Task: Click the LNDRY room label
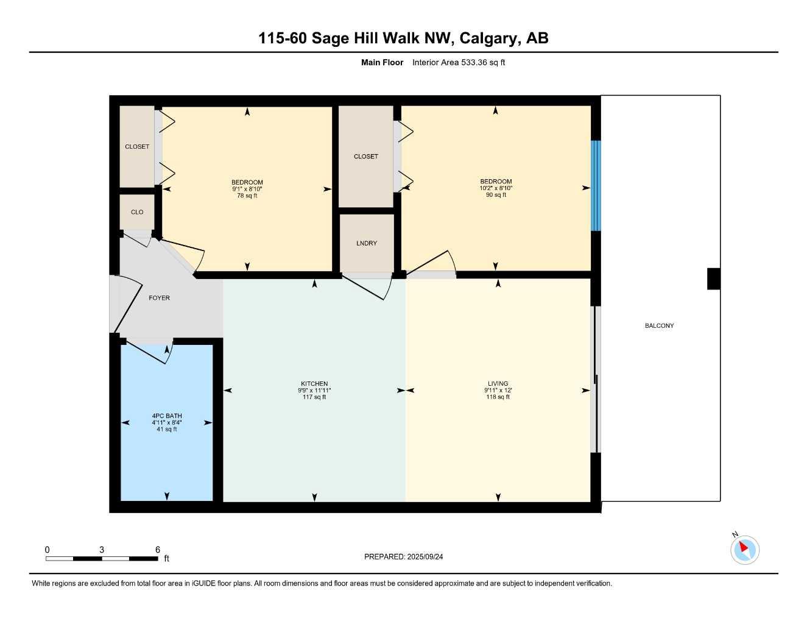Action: pos(366,243)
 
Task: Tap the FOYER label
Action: pos(159,298)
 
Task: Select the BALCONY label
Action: pos(659,326)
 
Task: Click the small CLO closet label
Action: pos(137,212)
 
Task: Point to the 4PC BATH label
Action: pos(167,416)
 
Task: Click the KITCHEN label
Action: pos(314,384)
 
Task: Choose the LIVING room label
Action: pos(498,384)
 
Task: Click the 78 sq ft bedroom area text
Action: pos(247,196)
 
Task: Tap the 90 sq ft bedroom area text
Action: pos(496,195)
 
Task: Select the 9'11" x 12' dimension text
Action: pos(498,391)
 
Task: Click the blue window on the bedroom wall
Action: pos(596,186)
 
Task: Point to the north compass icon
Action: pos(745,550)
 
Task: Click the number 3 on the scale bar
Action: pos(101,550)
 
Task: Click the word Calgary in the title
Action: pos(488,38)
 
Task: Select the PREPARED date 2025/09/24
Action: pos(425,557)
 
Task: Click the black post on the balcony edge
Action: pos(713,278)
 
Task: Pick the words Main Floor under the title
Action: pos(382,62)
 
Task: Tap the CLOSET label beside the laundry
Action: pos(366,157)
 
